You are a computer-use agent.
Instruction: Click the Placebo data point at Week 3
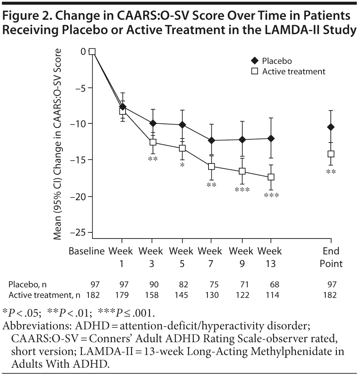[x=153, y=123]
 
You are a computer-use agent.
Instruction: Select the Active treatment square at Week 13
[x=271, y=177]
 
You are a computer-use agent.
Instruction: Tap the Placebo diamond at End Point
[x=331, y=127]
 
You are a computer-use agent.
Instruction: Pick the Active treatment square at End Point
[x=331, y=154]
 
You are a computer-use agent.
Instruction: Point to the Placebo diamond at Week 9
[x=242, y=140]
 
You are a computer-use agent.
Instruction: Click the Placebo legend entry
[x=272, y=61]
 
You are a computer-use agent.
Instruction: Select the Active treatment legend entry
[x=289, y=71]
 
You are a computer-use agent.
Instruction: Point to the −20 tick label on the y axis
[x=79, y=197]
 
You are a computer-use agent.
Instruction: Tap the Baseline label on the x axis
[x=87, y=251]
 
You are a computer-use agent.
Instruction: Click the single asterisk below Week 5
[x=183, y=165]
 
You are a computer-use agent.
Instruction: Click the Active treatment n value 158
[x=152, y=295]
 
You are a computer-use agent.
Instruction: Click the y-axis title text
[x=58, y=144]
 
